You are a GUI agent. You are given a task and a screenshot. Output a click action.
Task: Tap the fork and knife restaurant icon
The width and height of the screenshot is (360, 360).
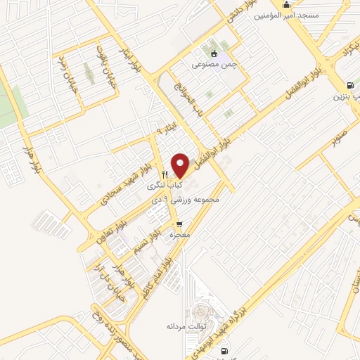(x=165, y=174)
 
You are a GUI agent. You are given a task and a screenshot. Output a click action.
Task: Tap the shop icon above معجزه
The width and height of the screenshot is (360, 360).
(x=179, y=224)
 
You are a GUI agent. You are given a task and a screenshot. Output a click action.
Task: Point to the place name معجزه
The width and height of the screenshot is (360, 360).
(x=179, y=236)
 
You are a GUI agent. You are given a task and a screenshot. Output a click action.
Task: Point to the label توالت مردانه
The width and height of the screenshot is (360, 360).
(x=185, y=327)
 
